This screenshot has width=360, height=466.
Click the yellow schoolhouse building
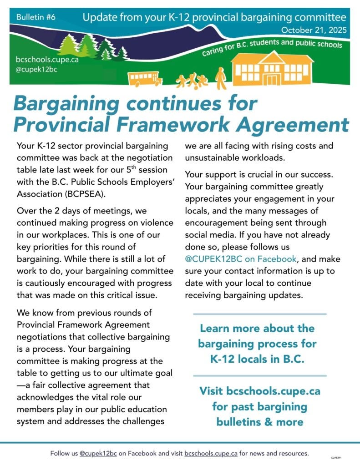273,69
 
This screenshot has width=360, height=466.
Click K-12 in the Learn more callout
226,358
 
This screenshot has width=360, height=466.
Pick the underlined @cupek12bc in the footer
98,454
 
